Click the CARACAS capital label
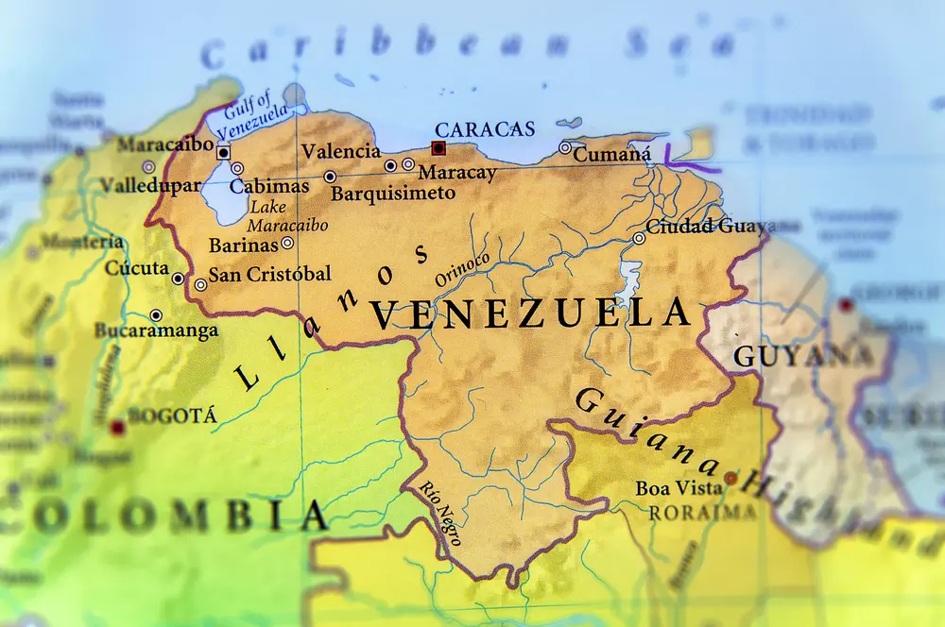(484, 129)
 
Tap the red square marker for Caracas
(438, 148)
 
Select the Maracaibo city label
(165, 145)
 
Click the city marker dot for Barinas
(287, 243)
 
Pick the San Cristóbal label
(269, 274)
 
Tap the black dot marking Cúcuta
(178, 279)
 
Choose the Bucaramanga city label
(156, 330)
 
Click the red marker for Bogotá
(117, 428)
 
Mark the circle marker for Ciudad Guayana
(639, 238)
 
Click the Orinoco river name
(462, 268)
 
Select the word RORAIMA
(702, 512)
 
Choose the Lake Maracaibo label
(288, 216)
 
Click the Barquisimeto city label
(393, 194)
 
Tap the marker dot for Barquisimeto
(330, 177)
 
